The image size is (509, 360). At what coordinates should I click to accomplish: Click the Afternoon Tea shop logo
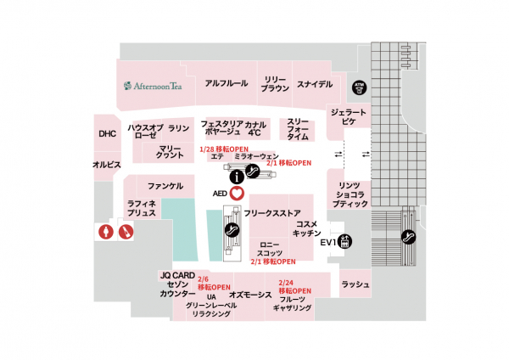[153, 85]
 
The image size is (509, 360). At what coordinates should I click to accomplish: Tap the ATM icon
[359, 86]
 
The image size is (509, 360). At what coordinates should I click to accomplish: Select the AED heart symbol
[237, 193]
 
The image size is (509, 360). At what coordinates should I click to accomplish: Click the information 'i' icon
[237, 176]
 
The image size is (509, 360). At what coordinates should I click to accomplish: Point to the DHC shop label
[107, 134]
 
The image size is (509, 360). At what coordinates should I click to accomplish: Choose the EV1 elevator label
[328, 243]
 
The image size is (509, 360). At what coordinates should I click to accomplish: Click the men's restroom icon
[125, 231]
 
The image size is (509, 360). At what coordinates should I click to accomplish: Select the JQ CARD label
[176, 276]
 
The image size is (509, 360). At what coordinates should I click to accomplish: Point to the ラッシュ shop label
[355, 284]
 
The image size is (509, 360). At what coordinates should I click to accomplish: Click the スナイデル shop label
[313, 83]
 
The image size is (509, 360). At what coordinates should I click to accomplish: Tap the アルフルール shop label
[227, 83]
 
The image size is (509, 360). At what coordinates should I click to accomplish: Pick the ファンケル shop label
[165, 185]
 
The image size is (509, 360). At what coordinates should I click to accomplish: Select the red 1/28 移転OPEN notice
[217, 148]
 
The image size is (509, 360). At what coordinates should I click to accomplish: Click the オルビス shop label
[108, 163]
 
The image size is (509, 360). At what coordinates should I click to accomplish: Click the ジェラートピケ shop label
[349, 118]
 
